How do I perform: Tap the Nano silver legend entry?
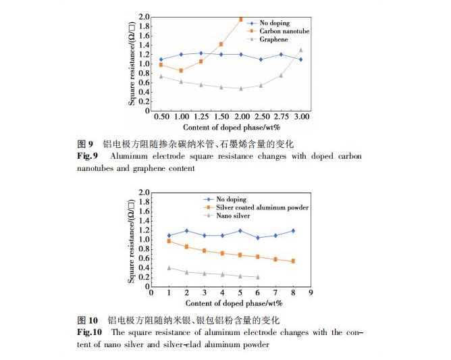point(234,216)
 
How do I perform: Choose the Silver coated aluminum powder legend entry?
point(262,208)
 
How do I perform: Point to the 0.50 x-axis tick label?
point(161,117)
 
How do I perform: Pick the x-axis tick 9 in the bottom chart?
point(311,294)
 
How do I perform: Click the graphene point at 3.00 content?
point(300,50)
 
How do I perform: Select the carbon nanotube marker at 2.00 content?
point(241,19)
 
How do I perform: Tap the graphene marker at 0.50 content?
point(161,76)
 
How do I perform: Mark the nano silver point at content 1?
point(169,267)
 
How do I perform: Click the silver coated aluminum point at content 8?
point(292,261)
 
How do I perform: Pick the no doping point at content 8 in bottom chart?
point(292,231)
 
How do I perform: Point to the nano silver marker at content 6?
point(257,276)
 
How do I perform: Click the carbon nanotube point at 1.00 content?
point(181,70)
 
